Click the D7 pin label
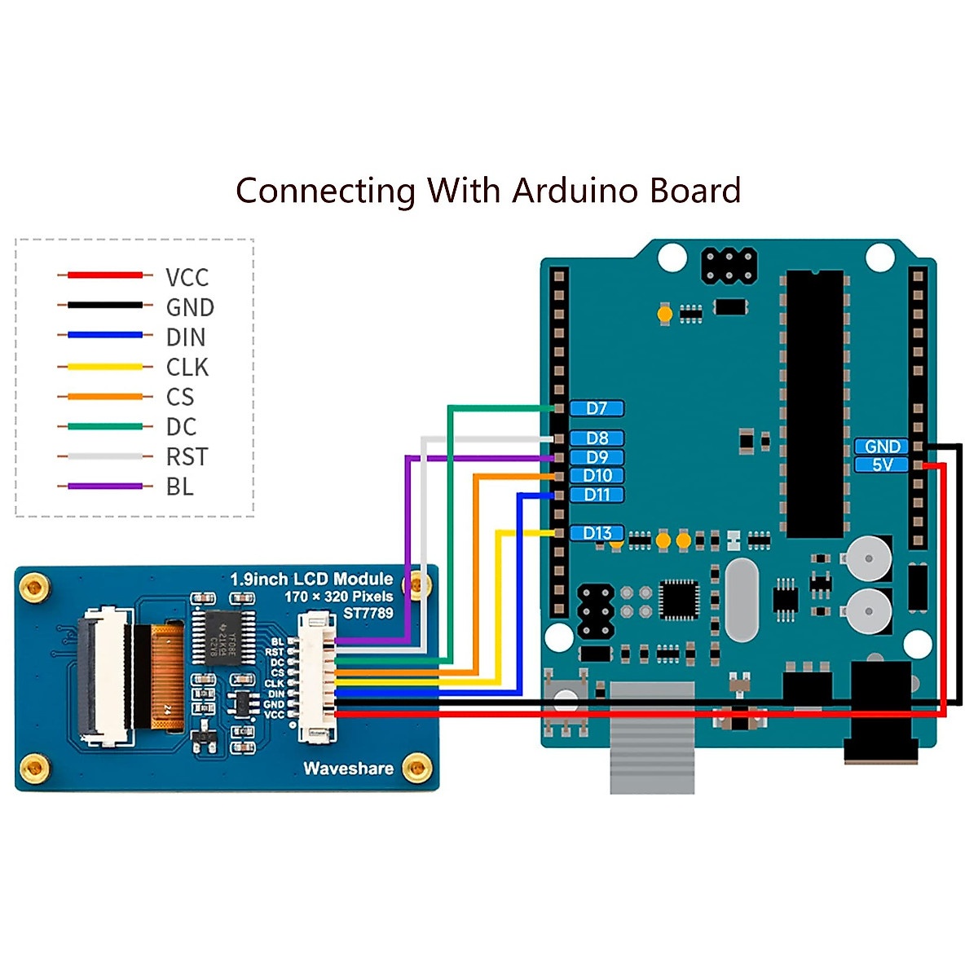(597, 408)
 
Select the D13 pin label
(597, 533)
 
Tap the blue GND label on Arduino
(882, 447)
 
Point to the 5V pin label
(882, 465)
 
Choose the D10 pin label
(597, 476)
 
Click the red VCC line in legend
(105, 275)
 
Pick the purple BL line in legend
(105, 487)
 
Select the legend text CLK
(187, 368)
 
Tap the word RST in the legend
(187, 457)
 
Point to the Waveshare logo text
(348, 769)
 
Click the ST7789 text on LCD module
(368, 613)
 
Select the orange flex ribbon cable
(168, 676)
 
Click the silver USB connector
(652, 738)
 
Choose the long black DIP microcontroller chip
(815, 403)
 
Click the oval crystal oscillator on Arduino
(740, 599)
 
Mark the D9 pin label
(597, 457)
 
